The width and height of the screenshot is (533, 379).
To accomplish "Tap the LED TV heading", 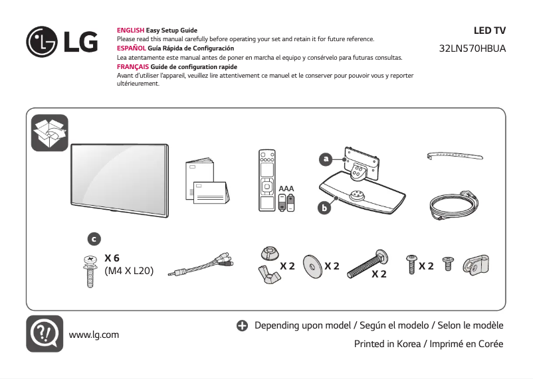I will pos(489,31).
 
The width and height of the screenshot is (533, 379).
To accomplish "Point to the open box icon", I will pos(50,132).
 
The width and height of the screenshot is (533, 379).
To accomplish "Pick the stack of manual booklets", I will pos(207,183).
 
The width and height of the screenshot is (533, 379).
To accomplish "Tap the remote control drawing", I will pos(266,181).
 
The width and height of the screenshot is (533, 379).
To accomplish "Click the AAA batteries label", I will pos(286,189).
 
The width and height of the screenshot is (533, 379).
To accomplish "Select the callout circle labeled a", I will pos(325,159).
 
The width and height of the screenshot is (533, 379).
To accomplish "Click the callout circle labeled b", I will pos(324,208).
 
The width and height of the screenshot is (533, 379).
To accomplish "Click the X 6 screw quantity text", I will pos(112,258).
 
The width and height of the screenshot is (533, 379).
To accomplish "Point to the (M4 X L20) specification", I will pos(129,271).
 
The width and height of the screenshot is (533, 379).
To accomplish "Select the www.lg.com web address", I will pos(94,334).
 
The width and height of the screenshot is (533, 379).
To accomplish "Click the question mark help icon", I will pos(45,333).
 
